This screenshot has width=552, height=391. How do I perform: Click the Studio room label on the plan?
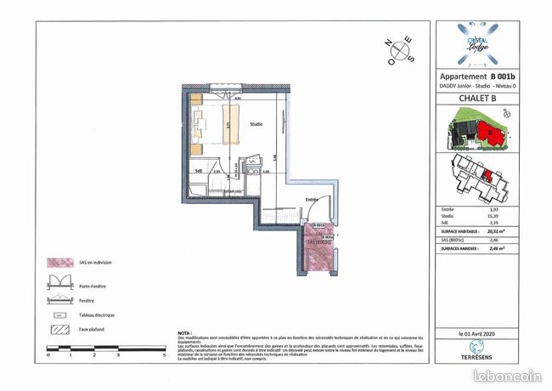(256, 126)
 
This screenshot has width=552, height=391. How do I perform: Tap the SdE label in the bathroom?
(198, 171)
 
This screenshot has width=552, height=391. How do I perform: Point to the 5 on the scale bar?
(162, 353)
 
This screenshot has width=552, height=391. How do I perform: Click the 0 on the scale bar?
(48, 353)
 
